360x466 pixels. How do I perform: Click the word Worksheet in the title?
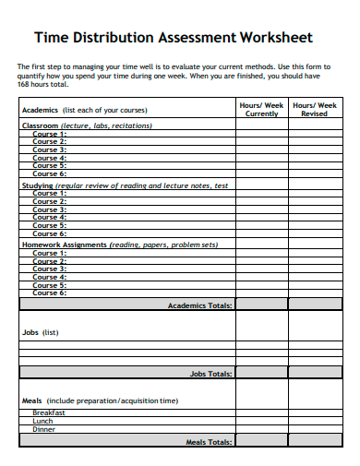tap(276, 38)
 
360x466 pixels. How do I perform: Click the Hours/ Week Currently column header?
tap(262, 110)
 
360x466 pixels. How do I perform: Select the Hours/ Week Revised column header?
tap(315, 110)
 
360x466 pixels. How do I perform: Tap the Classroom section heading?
tap(40, 125)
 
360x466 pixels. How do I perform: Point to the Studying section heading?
tap(38, 185)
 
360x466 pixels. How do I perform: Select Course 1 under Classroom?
tap(50, 134)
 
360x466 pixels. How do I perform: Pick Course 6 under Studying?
tap(50, 233)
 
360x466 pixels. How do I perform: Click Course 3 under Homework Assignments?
tap(50, 269)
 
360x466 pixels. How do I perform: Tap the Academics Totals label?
tap(199, 305)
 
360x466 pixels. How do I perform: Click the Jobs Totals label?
tap(210, 374)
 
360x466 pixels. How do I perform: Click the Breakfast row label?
tap(49, 413)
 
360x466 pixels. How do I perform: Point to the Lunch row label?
tap(43, 422)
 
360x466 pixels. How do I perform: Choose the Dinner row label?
tap(44, 430)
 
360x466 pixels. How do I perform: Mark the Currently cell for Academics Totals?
tap(262, 305)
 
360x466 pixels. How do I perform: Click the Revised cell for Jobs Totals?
tap(315, 374)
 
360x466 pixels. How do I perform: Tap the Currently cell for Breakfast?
tap(262, 413)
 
